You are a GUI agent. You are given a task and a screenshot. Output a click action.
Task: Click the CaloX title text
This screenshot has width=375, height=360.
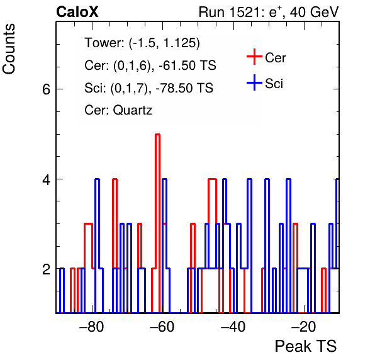[x=77, y=12]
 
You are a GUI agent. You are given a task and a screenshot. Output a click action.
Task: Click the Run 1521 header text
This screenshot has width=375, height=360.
[x=269, y=12]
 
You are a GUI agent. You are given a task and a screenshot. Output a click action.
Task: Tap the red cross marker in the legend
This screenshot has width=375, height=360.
[x=254, y=57]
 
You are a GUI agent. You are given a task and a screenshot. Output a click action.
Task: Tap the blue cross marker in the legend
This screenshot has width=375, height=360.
[x=254, y=82]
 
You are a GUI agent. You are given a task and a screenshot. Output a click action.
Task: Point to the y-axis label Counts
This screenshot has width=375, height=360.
[x=9, y=49]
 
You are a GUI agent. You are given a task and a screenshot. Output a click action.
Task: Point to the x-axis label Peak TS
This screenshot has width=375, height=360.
[x=306, y=346]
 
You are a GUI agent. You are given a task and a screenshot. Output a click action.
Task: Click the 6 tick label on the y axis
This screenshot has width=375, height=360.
[x=46, y=89]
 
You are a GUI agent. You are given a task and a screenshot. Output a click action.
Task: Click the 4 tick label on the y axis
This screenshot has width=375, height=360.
[x=46, y=179]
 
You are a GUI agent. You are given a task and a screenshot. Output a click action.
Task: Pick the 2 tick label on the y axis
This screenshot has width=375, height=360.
[x=46, y=269]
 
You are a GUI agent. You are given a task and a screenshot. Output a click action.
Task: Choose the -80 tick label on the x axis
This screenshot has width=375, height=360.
[x=92, y=327]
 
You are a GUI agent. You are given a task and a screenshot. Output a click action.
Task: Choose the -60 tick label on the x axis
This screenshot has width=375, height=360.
[x=162, y=327]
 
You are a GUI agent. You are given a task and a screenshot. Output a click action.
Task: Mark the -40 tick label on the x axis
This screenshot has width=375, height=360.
[x=233, y=327]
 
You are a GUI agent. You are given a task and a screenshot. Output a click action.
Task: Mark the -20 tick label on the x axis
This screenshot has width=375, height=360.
[x=304, y=327]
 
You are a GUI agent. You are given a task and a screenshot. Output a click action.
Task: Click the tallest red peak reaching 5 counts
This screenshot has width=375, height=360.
[x=157, y=135]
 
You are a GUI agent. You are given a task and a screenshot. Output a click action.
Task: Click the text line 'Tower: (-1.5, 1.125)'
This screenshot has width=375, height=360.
[x=142, y=43]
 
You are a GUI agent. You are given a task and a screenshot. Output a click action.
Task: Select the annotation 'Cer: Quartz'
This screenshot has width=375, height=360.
[x=118, y=110]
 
